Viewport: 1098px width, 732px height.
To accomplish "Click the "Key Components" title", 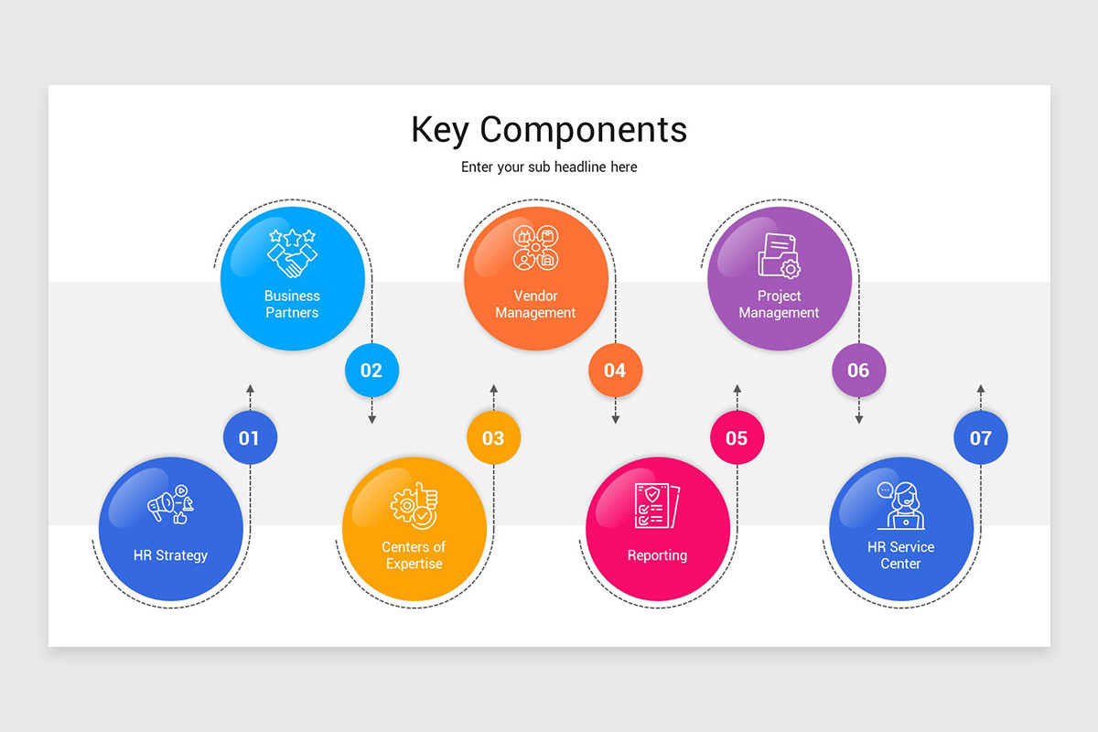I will (x=549, y=129).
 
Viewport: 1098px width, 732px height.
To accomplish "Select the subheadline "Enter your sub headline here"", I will (x=549, y=167).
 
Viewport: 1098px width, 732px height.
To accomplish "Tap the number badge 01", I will (x=250, y=438).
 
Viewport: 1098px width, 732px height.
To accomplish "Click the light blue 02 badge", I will (x=371, y=371).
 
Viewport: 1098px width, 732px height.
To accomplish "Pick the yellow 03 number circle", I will (x=493, y=438).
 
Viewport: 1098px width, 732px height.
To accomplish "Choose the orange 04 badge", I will (x=615, y=371).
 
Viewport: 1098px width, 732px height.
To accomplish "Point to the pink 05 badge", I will (x=737, y=438).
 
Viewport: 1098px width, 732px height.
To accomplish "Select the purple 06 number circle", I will (x=858, y=371).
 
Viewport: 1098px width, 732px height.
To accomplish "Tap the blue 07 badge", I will (x=980, y=438).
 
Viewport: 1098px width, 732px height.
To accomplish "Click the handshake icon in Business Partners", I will (x=293, y=253).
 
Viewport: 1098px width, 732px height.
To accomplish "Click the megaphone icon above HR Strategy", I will (x=170, y=504).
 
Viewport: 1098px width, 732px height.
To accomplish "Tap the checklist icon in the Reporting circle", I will (x=657, y=506).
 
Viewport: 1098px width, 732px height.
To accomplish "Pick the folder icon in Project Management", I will (x=779, y=255).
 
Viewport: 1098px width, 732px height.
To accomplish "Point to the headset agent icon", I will (x=900, y=506).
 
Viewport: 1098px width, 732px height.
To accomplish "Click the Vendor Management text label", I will (x=535, y=305).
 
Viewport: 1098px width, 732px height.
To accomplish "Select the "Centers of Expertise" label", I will (x=414, y=555).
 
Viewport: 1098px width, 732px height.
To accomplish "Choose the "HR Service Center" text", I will (x=900, y=555).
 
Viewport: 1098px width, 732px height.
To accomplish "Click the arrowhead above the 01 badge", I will (x=250, y=389).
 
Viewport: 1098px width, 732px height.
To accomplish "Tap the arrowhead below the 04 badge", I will (x=615, y=419).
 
